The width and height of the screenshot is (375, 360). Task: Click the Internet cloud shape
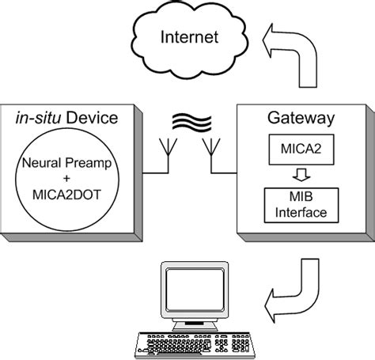(x=189, y=39)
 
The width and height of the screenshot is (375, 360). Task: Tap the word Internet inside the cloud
(x=189, y=36)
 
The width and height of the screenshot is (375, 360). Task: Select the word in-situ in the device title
(x=40, y=119)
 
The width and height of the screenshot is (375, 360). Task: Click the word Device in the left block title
(x=92, y=119)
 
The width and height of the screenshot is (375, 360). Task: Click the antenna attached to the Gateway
(x=211, y=150)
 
